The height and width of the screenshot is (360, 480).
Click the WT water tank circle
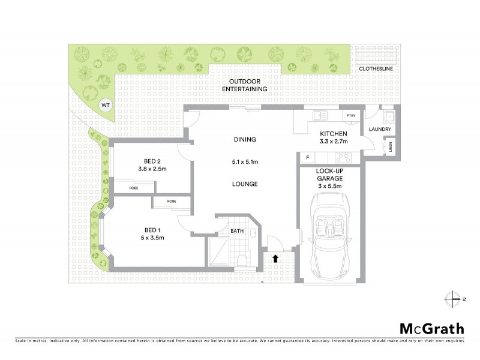point(106,105)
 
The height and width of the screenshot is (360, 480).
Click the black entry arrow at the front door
point(275,259)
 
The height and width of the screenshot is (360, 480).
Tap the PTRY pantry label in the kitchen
point(349,116)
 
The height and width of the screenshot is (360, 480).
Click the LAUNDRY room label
point(381,130)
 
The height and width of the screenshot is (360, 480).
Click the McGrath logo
point(431,328)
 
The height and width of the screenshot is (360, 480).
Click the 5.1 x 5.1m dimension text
point(245,162)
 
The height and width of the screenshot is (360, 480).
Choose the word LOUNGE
point(245,184)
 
